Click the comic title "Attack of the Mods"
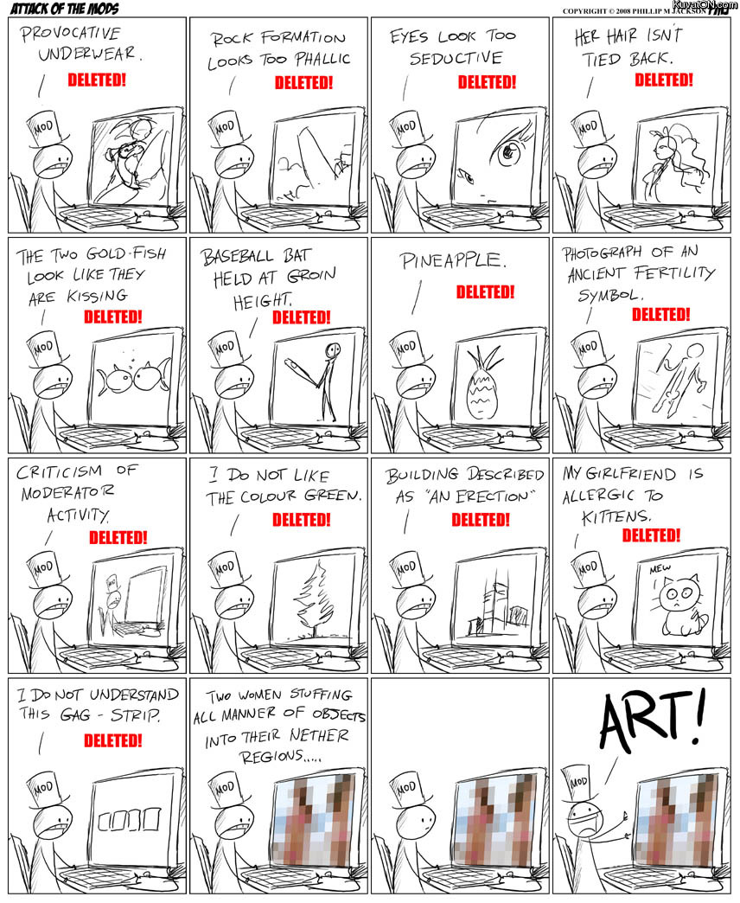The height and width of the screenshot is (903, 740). click(x=65, y=8)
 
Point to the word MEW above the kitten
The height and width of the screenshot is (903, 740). click(x=660, y=569)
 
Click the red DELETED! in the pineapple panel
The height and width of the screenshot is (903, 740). click(x=485, y=292)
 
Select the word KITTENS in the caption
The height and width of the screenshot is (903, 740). click(x=616, y=516)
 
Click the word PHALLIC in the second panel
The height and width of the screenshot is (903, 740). click(x=322, y=59)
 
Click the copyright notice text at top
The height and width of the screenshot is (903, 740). click(x=635, y=11)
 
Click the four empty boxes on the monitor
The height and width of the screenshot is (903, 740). click(x=128, y=819)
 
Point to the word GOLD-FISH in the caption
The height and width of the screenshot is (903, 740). click(x=126, y=253)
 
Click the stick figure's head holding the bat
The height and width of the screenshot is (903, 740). click(x=333, y=349)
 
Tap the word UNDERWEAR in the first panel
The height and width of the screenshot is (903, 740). click(x=88, y=54)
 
